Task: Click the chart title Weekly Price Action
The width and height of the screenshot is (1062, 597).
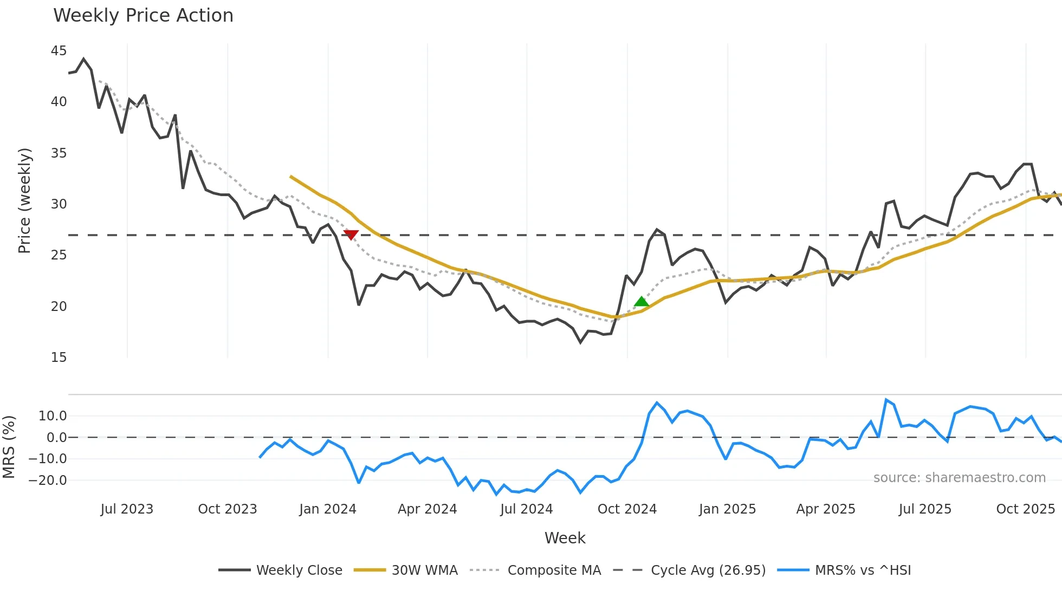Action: pyautogui.click(x=143, y=16)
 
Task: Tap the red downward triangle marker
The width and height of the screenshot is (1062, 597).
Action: pyautogui.click(x=351, y=235)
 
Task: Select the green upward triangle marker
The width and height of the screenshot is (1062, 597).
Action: pyautogui.click(x=642, y=301)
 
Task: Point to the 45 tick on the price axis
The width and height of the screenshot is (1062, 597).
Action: pyautogui.click(x=59, y=51)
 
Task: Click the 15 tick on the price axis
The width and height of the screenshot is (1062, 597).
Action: pyautogui.click(x=59, y=358)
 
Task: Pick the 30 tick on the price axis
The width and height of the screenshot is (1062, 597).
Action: pyautogui.click(x=59, y=204)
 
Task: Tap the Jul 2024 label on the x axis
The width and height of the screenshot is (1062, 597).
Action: pyautogui.click(x=526, y=509)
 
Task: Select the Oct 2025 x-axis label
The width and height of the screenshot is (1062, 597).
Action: pyautogui.click(x=1025, y=509)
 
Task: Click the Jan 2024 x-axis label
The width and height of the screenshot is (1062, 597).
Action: pyautogui.click(x=327, y=509)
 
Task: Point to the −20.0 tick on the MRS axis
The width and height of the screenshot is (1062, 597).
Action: pyautogui.click(x=48, y=481)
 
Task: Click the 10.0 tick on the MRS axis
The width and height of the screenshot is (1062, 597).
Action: pyautogui.click(x=53, y=416)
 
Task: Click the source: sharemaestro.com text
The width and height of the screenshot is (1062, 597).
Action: pyautogui.click(x=959, y=478)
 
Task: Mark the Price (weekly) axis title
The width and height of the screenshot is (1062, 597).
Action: pyautogui.click(x=24, y=200)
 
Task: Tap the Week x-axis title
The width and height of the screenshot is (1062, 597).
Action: pyautogui.click(x=565, y=538)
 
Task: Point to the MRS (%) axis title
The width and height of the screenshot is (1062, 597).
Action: pyautogui.click(x=9, y=447)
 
